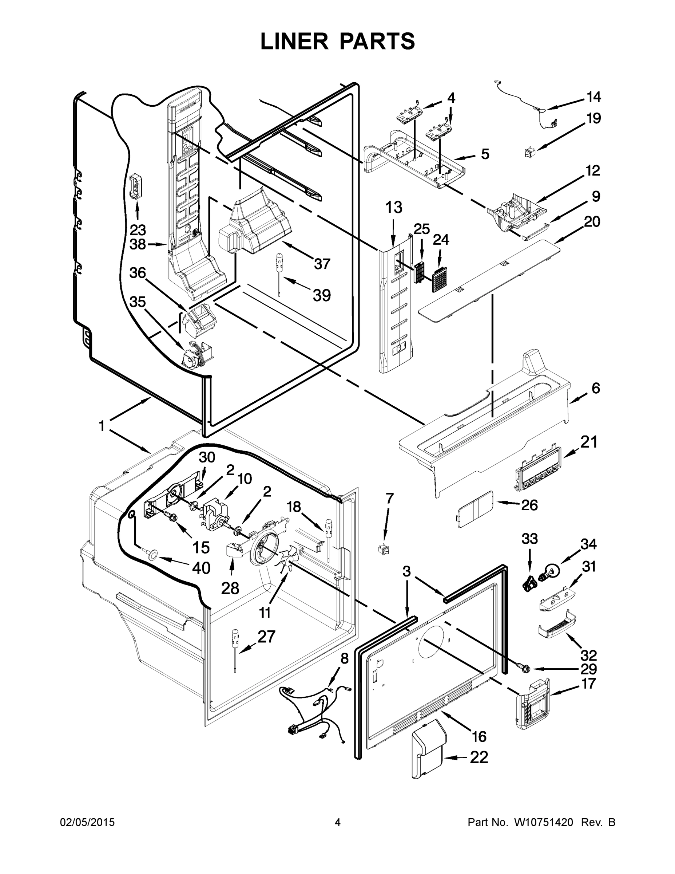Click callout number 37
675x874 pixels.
click(x=322, y=264)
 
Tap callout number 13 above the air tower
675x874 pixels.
click(x=393, y=208)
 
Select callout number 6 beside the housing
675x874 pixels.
click(x=595, y=388)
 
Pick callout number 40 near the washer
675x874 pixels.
click(x=201, y=567)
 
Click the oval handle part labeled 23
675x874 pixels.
click(x=136, y=186)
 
